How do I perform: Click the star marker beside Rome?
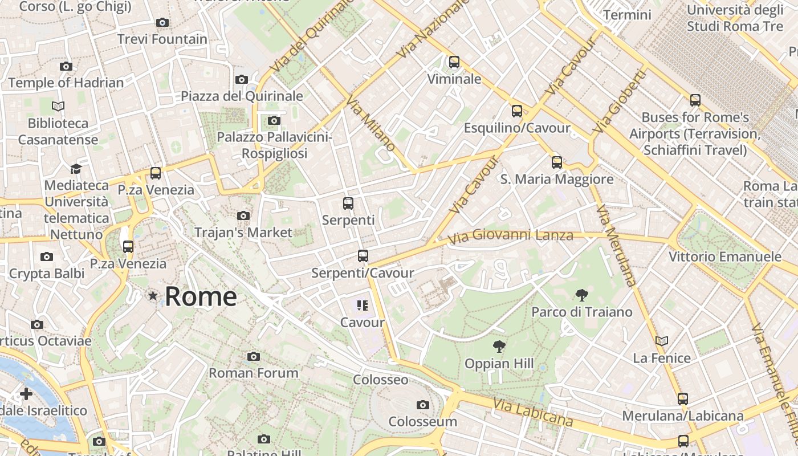pos(153,296)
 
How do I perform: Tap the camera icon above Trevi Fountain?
pos(162,22)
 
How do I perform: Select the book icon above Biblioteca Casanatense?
pos(58,106)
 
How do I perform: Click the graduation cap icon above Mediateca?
pos(76,169)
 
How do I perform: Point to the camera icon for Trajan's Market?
pos(243,215)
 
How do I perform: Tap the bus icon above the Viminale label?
pos(454,62)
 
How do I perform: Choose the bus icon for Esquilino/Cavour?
pos(517,111)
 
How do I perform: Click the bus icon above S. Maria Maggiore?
pos(557,162)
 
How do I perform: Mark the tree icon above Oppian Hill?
pos(499,346)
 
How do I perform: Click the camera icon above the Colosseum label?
pos(423,405)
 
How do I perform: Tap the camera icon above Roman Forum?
pos(254,357)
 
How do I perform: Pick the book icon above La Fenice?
pos(662,341)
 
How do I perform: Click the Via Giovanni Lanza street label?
pos(510,235)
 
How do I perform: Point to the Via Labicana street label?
pos(534,412)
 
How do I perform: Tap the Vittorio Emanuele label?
pos(724,256)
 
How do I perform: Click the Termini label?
pos(627,15)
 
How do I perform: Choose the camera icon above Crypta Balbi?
pos(47,257)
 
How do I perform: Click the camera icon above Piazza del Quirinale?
pos(242,79)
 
